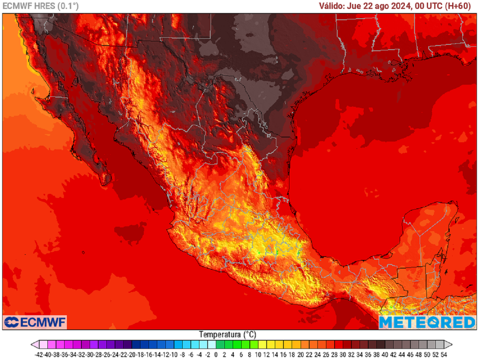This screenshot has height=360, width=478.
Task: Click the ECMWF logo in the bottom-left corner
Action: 35,322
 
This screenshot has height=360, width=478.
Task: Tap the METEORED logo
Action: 427,322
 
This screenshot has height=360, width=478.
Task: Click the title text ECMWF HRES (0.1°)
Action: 41,6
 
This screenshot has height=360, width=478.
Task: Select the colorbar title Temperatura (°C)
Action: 227,334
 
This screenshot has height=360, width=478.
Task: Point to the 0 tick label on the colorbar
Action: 216,354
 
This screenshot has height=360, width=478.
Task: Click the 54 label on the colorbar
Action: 443,354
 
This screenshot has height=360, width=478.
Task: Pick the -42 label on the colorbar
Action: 40,354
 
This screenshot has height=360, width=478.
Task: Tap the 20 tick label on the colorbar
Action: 300,354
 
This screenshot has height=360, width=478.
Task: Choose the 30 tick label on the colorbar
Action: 342,354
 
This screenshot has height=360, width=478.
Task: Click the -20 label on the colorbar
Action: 132,354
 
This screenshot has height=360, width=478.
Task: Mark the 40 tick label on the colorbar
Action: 384,354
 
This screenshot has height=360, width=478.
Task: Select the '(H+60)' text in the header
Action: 460,6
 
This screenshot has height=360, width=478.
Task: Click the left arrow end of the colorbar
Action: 34,345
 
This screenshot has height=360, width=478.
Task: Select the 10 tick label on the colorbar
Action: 258,354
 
